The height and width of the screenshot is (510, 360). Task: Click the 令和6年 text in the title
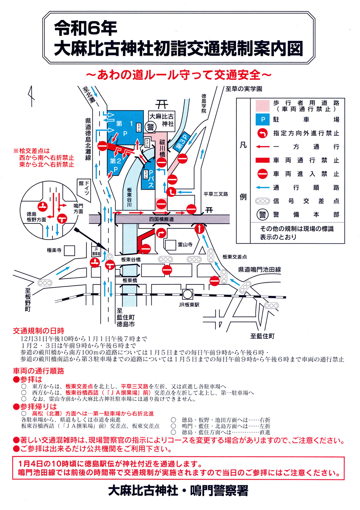click(86, 28)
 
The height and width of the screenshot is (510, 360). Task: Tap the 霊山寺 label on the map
click(185, 244)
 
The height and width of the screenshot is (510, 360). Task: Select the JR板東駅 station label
click(189, 305)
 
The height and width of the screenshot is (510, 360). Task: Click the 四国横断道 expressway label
click(161, 219)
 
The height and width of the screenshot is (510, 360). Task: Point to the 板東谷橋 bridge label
click(131, 260)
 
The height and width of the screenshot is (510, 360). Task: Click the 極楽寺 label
click(54, 250)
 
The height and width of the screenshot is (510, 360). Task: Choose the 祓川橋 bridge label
click(162, 148)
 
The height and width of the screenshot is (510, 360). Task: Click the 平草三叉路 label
click(216, 194)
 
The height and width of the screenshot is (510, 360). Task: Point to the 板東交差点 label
click(235, 257)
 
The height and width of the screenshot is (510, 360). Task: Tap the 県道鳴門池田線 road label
click(259, 270)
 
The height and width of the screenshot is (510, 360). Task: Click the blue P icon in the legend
click(263, 120)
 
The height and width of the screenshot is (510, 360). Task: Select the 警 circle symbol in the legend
click(263, 215)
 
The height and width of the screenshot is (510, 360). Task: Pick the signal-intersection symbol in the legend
click(263, 201)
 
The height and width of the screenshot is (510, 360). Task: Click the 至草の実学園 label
click(244, 89)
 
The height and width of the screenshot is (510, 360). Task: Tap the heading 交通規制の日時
click(39, 331)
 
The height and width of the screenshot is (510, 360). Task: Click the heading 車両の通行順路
click(39, 371)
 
